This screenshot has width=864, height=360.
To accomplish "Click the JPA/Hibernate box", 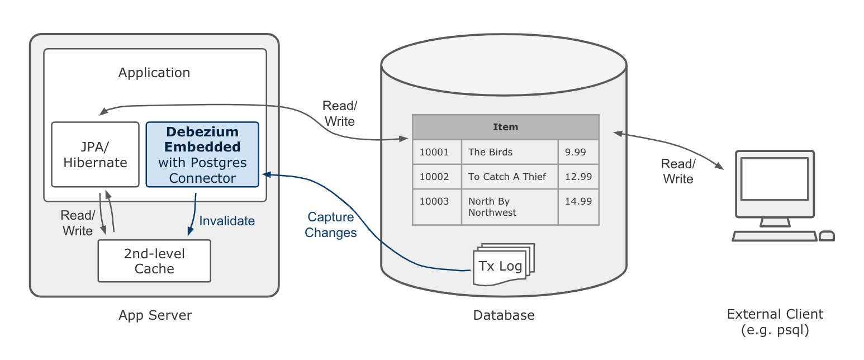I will (95, 155).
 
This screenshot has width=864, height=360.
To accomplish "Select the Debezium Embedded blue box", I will (202, 155).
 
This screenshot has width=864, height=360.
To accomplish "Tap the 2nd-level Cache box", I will (154, 261).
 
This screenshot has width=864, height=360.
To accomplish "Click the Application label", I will (154, 73).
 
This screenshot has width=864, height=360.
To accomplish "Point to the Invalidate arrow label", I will (227, 221).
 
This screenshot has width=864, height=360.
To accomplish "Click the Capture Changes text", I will (331, 225).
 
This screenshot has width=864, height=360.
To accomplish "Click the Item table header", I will (505, 127).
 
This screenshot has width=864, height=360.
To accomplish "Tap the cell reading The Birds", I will (509, 152).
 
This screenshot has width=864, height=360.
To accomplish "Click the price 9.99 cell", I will (578, 152).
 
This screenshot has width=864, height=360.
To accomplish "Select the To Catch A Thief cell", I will (509, 177).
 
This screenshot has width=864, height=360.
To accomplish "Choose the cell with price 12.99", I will (578, 177).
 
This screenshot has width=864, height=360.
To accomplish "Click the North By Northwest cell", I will (509, 207).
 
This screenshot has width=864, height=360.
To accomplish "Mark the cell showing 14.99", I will (578, 202).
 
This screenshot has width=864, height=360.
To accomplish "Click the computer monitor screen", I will (774, 179).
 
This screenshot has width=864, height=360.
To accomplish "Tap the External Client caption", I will (775, 322).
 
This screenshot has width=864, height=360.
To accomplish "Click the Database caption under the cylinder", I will (504, 315).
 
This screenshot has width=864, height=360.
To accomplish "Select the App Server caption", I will (155, 315).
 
